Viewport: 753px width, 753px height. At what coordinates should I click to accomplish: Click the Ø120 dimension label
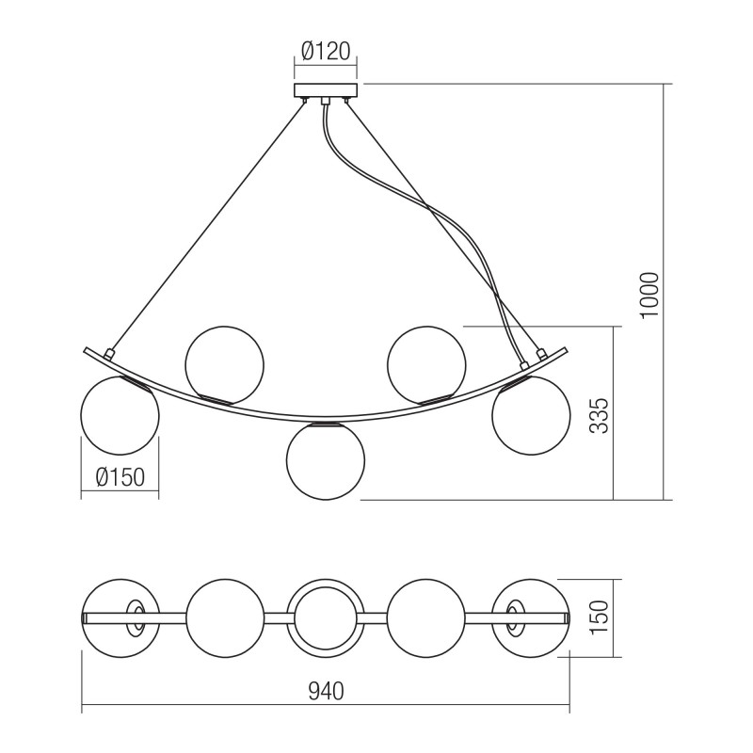326,52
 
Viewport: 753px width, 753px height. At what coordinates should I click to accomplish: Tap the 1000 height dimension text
649,295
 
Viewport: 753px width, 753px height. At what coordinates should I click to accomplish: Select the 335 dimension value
599,415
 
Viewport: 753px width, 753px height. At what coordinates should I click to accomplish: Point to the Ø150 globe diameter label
120,477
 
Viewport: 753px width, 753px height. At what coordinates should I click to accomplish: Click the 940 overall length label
326,691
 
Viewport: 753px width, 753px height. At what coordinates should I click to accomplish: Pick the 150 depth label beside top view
599,617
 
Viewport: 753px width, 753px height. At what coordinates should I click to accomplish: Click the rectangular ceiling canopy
326,90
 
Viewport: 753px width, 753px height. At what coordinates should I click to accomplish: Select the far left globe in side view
120,415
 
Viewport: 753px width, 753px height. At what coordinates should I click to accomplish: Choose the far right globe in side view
531,415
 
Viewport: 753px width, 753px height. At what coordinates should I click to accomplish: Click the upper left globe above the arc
224,365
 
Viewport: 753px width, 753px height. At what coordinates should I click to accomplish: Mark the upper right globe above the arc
426,365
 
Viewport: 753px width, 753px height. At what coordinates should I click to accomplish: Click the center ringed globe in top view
326,617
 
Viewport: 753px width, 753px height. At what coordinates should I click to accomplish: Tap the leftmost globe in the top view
120,617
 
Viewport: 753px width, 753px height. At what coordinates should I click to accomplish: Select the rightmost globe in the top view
531,617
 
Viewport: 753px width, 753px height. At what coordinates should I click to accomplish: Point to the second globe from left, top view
224,617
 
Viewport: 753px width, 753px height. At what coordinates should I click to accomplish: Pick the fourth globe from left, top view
426,617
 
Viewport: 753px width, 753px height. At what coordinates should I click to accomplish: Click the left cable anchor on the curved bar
108,355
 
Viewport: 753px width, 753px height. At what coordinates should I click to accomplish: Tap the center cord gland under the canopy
326,101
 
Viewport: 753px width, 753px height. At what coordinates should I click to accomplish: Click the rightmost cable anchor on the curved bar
542,355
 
